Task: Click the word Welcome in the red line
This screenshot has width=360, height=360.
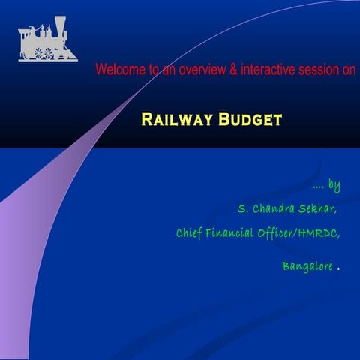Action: (120, 70)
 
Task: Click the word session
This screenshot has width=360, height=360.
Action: (316, 70)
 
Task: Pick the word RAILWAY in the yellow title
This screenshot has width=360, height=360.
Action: (175, 119)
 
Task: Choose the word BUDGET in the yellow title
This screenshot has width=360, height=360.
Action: (250, 119)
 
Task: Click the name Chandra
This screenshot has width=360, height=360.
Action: (274, 206)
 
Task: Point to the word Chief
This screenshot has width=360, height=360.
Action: (190, 233)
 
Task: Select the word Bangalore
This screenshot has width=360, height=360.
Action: (307, 266)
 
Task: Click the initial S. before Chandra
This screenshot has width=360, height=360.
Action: (241, 206)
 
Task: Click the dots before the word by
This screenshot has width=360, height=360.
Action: (319, 186)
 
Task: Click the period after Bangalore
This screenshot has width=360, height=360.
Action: (340, 268)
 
